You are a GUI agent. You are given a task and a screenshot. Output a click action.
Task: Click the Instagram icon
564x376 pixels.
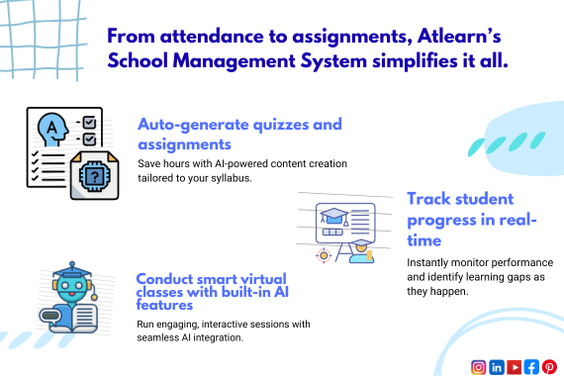pyautogui.click(x=479, y=366)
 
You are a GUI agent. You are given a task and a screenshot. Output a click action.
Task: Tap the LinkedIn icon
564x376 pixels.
pyautogui.click(x=497, y=366)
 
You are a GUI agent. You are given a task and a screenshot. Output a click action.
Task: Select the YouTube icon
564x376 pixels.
pyautogui.click(x=514, y=366)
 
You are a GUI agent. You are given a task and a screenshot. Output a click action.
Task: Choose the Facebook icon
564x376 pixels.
pyautogui.click(x=531, y=366)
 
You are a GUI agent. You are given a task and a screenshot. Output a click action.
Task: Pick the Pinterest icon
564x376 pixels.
pyautogui.click(x=548, y=366)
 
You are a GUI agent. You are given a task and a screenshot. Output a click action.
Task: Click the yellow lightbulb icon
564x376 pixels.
pyautogui.click(x=323, y=254)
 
